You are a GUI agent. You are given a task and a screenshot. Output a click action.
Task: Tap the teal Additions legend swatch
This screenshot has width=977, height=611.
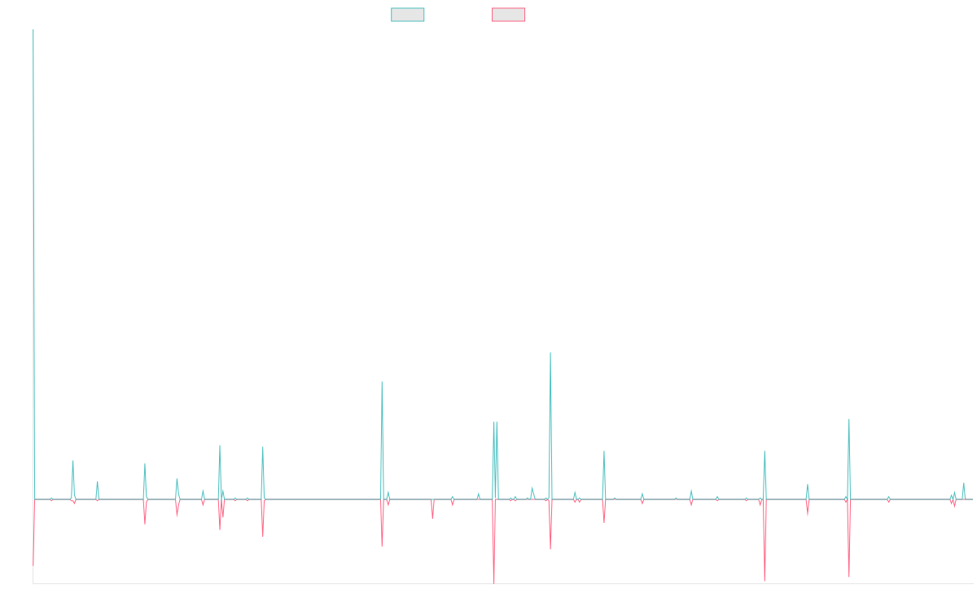tap(408, 15)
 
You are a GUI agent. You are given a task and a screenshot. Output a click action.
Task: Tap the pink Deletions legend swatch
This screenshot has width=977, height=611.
tap(509, 15)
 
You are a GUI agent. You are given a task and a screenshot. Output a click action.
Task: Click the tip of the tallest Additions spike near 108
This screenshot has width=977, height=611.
tap(550, 352)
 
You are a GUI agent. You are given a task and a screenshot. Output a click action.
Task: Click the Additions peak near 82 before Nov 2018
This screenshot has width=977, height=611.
tap(382, 381)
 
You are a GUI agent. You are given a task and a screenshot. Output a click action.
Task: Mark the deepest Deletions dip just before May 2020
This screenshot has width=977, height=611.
tap(493, 582)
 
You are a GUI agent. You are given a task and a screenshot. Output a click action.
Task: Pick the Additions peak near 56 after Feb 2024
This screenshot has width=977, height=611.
tap(849, 420)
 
